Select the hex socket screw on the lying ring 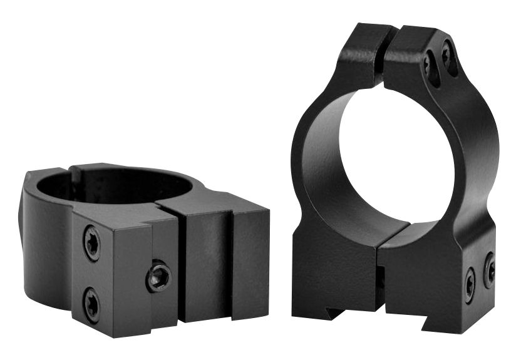pos(159,275)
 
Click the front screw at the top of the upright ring pos(429,64)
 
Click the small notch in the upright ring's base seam pos(380,279)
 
